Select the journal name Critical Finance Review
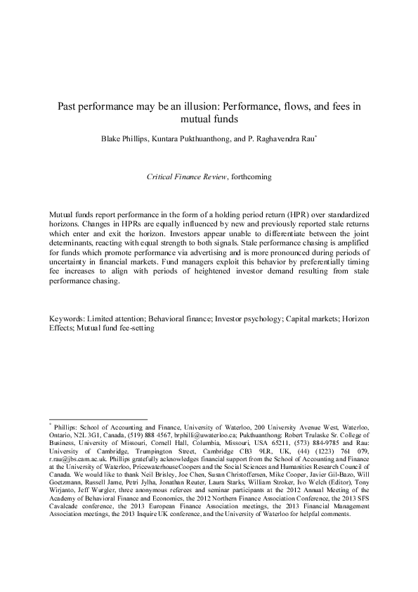pos(187,177)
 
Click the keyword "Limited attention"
pos(115,318)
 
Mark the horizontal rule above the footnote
pos(98,420)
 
